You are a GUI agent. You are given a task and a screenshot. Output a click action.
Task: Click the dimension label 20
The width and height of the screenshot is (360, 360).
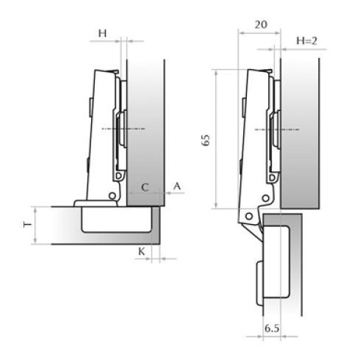(x=261, y=24)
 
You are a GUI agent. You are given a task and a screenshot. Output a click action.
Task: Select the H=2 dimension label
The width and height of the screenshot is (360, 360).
(x=306, y=40)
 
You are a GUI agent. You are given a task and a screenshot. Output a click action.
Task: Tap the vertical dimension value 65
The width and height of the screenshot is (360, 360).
(x=206, y=140)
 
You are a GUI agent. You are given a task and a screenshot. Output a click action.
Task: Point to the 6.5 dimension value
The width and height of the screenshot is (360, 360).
(x=272, y=328)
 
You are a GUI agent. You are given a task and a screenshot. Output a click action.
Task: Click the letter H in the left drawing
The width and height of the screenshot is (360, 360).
(x=102, y=33)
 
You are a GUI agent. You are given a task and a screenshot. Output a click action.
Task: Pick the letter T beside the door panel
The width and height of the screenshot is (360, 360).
(x=27, y=224)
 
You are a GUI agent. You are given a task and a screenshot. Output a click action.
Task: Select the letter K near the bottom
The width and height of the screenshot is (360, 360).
(x=142, y=251)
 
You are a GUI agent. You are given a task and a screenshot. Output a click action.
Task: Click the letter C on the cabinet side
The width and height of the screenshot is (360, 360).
(x=145, y=187)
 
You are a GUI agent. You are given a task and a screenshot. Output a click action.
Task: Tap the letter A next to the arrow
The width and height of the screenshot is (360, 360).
(x=177, y=187)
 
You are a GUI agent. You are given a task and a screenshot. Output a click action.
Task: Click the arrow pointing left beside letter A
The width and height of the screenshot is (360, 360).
(x=175, y=193)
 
